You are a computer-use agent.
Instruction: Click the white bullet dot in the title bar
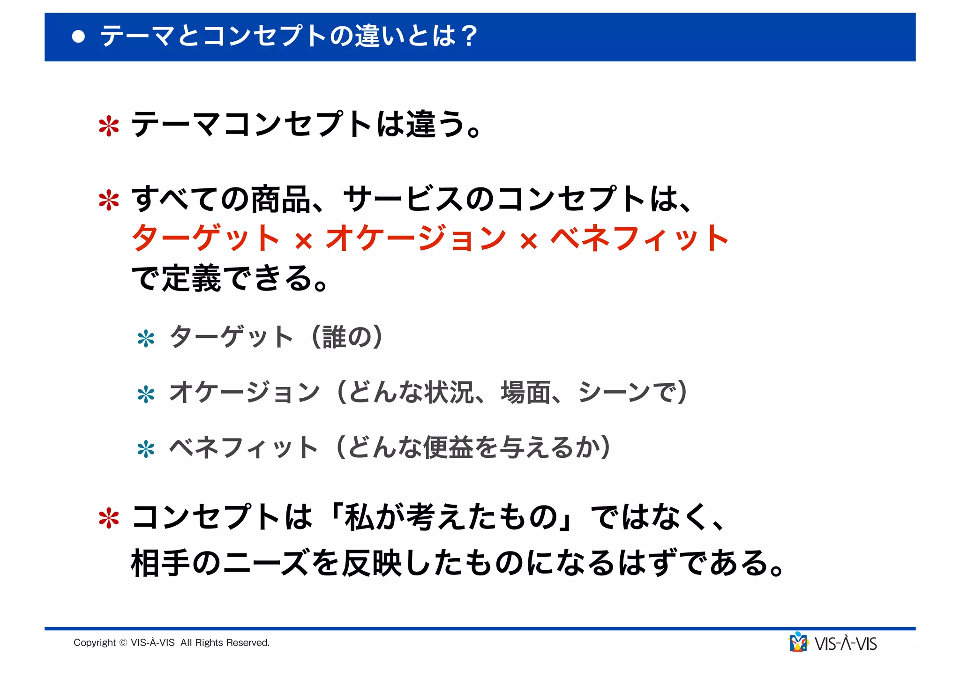pyautogui.click(x=79, y=37)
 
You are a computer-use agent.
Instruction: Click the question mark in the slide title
pyautogui.click(x=468, y=36)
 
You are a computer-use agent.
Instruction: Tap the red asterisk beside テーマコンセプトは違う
pyautogui.click(x=109, y=126)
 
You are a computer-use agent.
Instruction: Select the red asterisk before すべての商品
pyautogui.click(x=109, y=201)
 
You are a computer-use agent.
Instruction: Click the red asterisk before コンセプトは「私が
pyautogui.click(x=109, y=519)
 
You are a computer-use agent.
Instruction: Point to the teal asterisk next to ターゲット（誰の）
pyautogui.click(x=146, y=339)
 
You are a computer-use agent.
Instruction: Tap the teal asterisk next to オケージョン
pyautogui.click(x=146, y=394)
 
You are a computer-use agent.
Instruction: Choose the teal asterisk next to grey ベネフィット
pyautogui.click(x=146, y=449)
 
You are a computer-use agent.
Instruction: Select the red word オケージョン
pyautogui.click(x=416, y=238)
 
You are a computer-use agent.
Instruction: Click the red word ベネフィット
pyautogui.click(x=639, y=238)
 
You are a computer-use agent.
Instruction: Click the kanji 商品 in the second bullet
pyautogui.click(x=280, y=200)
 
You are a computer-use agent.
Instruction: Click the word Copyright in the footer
pyautogui.click(x=94, y=643)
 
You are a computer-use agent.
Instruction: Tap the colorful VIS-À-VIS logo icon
pyautogui.click(x=798, y=642)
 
